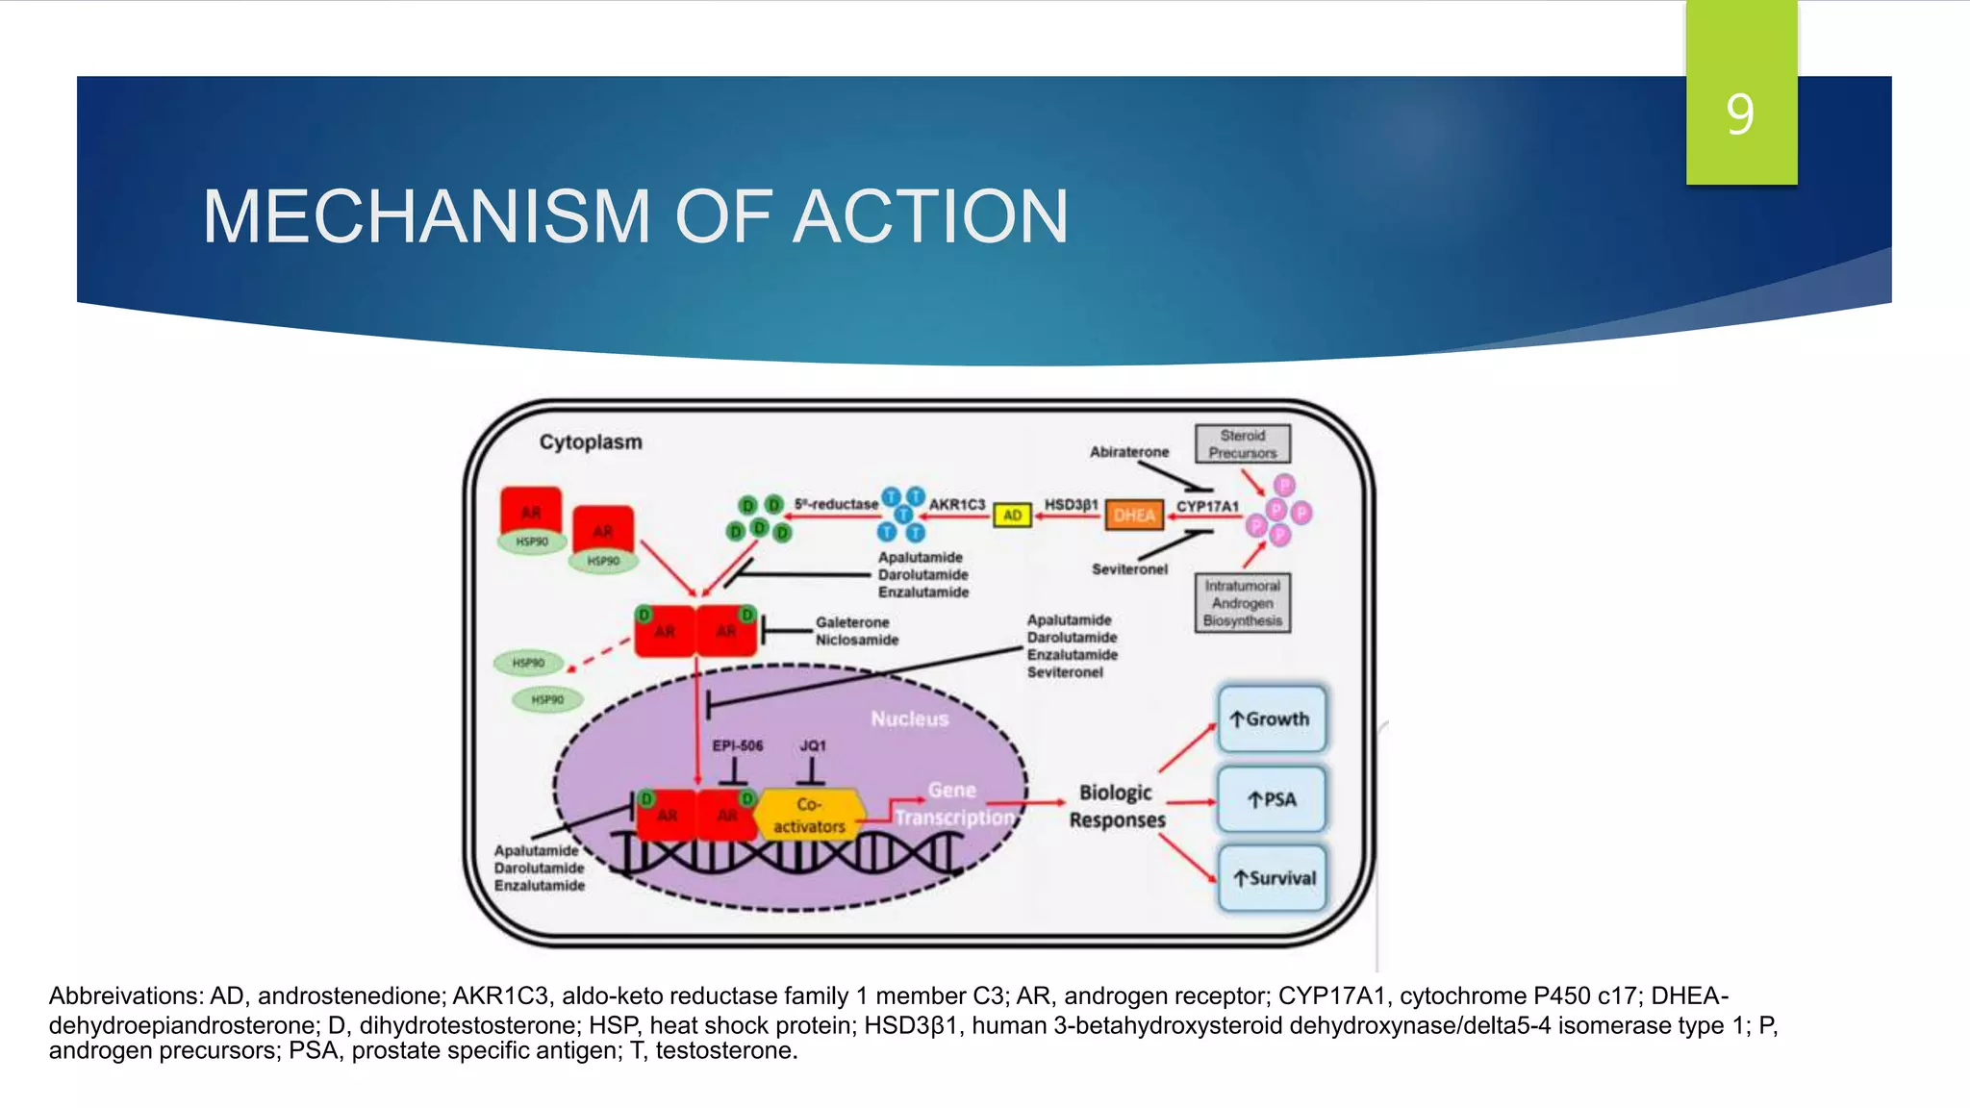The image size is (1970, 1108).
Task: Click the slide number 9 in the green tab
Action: pos(1739,114)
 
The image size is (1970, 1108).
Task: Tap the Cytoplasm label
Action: pos(590,442)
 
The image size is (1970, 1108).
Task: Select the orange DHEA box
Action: pos(1134,516)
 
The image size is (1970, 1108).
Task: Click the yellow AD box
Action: pos(1012,516)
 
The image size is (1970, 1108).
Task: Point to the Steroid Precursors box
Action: pos(1242,444)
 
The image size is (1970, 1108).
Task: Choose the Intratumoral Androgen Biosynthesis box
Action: pos(1242,603)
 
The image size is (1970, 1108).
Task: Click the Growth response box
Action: pos(1271,719)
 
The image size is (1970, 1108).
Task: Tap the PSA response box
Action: pos(1271,799)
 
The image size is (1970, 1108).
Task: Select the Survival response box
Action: pos(1273,878)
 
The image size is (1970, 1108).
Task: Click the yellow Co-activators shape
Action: pos(808,816)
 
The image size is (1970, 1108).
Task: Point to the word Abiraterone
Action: pos(1128,452)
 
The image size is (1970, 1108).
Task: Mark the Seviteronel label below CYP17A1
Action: pos(1129,569)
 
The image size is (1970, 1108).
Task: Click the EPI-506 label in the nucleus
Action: pos(737,745)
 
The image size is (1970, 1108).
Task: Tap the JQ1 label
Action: pos(812,745)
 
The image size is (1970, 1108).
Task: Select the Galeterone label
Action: pos(852,622)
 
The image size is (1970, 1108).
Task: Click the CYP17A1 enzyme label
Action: pos(1207,506)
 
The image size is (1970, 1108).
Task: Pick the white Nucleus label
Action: pos(909,718)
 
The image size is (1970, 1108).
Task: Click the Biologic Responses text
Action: pos(1117,806)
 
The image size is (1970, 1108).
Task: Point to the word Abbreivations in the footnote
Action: pos(124,996)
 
